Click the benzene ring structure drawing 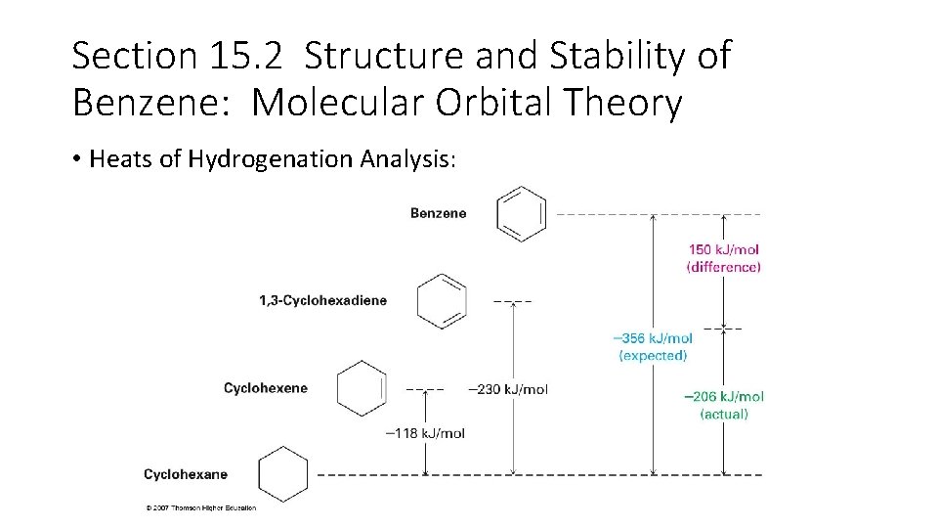[521, 213]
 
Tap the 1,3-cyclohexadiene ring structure [442, 300]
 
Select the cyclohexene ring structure [362, 388]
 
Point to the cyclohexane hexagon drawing [283, 474]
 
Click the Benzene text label [438, 213]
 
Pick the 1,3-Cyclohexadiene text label [322, 300]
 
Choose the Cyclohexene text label [265, 388]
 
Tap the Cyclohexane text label [186, 474]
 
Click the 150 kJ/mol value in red [724, 249]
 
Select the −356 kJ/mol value [653, 338]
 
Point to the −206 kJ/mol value [724, 396]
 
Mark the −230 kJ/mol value [508, 389]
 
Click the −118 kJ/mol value [425, 433]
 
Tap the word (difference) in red [724, 266]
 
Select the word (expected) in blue [653, 355]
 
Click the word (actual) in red [724, 414]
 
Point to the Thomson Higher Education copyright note [200, 507]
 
